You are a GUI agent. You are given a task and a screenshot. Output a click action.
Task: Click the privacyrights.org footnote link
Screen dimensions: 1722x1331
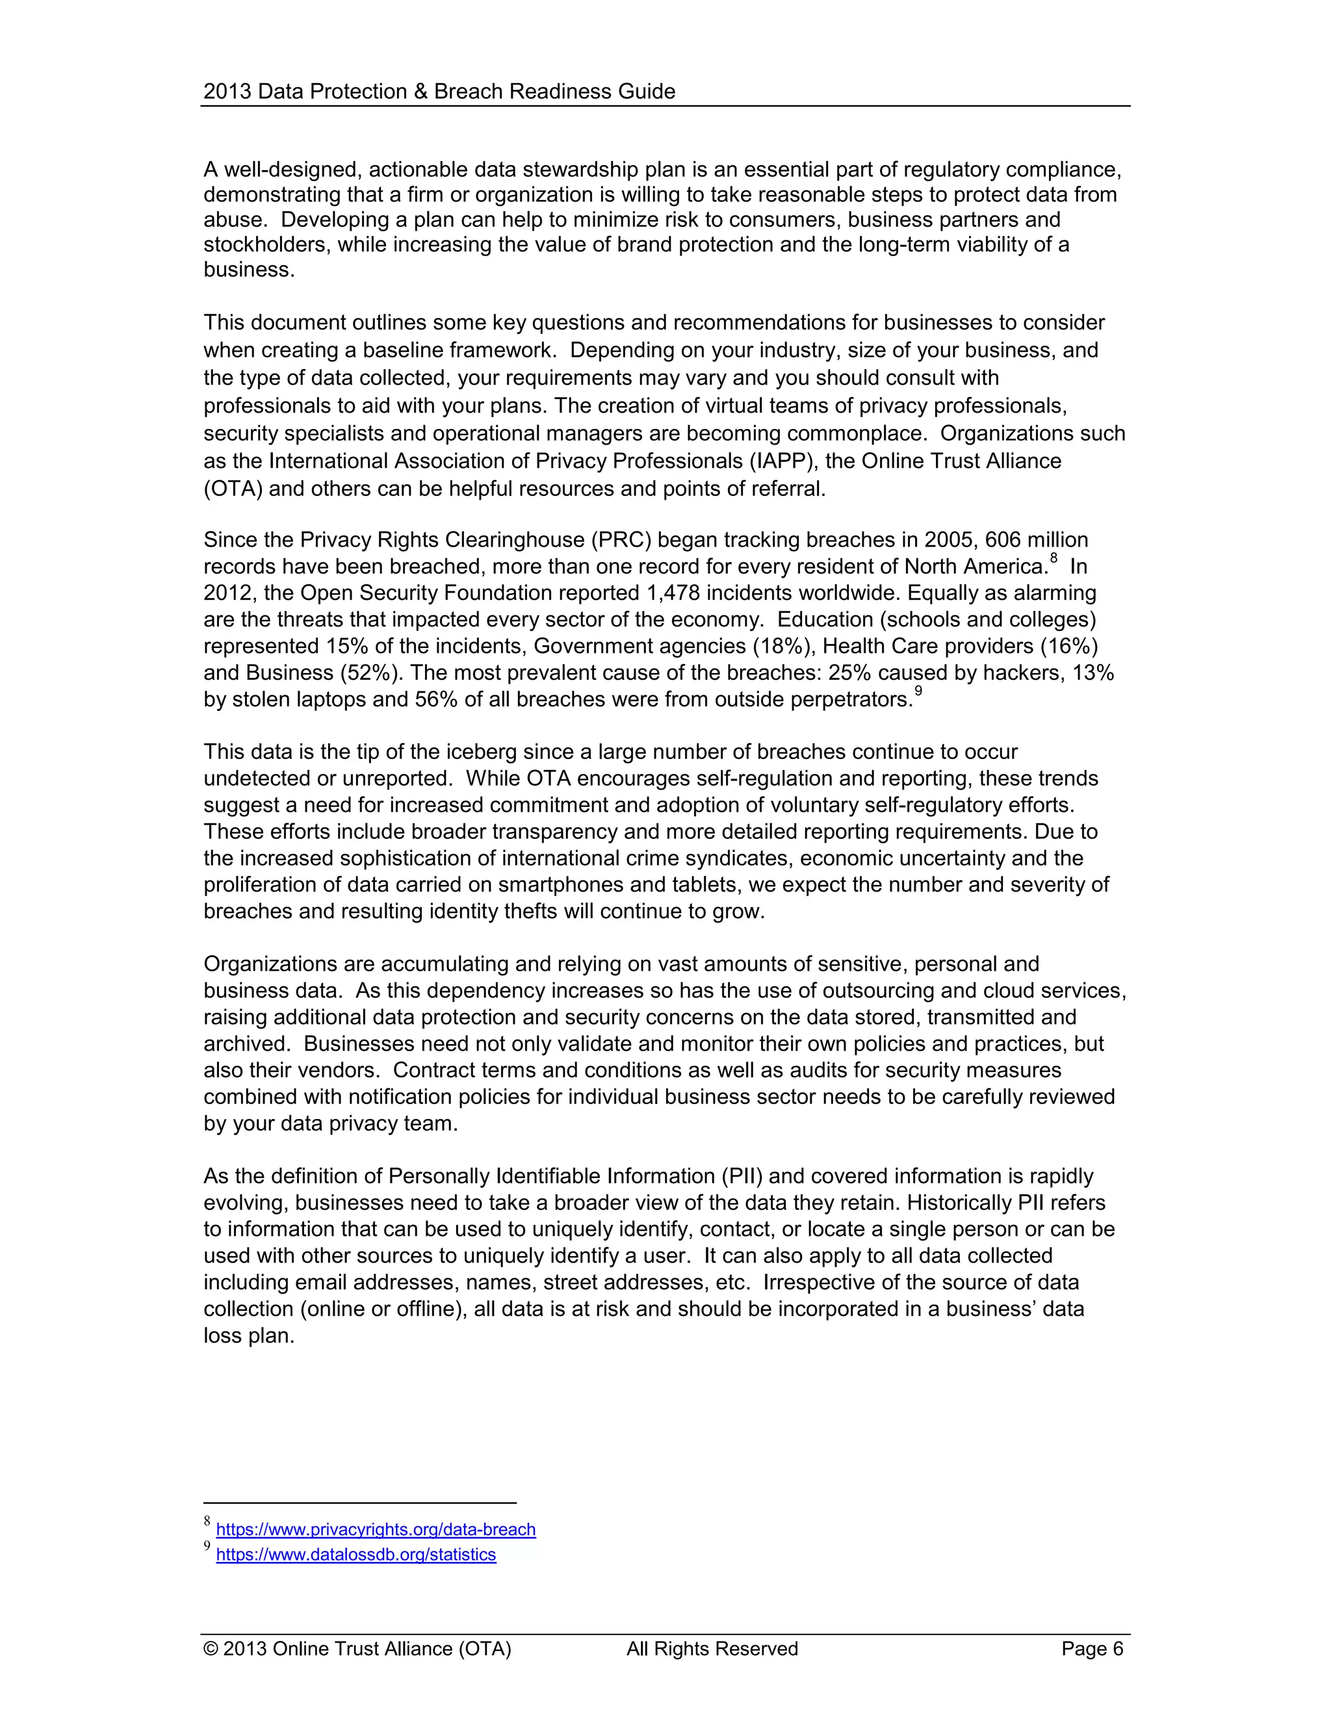376,1530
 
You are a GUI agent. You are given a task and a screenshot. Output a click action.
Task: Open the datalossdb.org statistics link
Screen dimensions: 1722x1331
355,1554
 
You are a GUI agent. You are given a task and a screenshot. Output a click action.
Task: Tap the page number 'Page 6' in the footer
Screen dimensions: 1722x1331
1091,1649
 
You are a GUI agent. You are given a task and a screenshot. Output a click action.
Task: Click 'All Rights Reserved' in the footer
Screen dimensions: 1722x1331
712,1649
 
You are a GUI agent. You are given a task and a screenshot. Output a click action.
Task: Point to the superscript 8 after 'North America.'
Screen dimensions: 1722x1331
1053,559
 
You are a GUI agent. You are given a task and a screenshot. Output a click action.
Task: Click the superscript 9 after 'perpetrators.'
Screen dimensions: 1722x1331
918,692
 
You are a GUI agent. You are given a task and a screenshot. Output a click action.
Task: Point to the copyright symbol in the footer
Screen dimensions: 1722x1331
211,1649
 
